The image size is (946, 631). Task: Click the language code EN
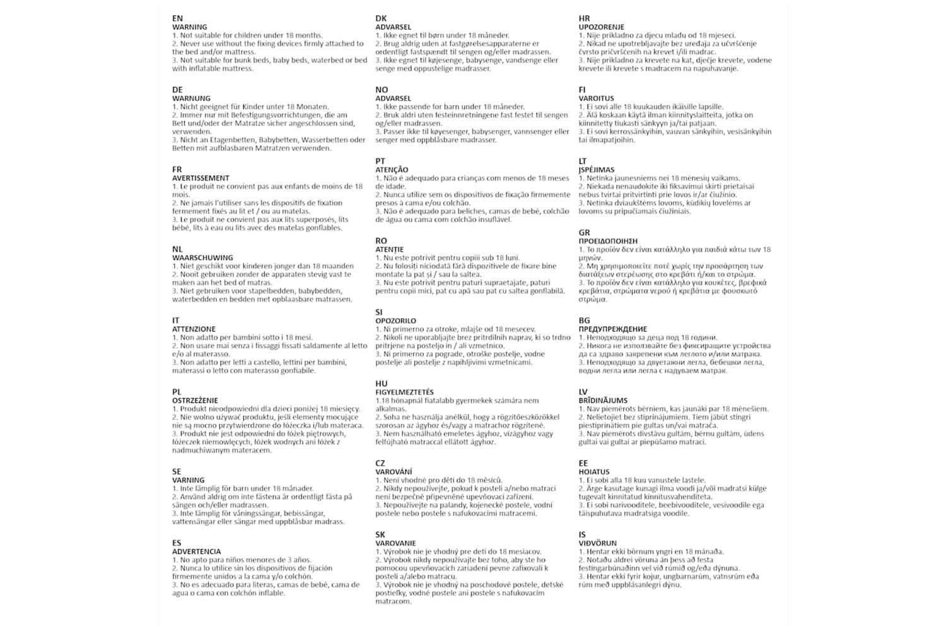click(x=177, y=19)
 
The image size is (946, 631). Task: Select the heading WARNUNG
click(x=191, y=98)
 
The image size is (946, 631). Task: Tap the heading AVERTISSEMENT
click(x=201, y=178)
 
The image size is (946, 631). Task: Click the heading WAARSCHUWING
click(x=202, y=257)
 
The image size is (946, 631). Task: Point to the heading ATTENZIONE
click(x=194, y=329)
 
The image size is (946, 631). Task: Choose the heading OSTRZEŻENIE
click(x=195, y=400)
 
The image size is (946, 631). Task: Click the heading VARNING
click(x=188, y=480)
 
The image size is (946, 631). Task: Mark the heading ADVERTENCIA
click(x=196, y=551)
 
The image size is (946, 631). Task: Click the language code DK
click(x=381, y=19)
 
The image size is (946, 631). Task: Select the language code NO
click(x=382, y=90)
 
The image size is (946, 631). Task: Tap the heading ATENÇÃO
click(x=392, y=170)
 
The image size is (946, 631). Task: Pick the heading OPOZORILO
click(x=396, y=321)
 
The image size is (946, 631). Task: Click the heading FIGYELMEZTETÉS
click(x=404, y=392)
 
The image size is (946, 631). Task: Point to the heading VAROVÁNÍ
click(x=394, y=471)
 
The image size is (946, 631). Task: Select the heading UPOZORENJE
click(x=601, y=27)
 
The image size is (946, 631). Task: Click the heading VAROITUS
click(x=596, y=98)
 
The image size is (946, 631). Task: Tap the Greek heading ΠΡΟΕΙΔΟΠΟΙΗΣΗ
click(x=608, y=241)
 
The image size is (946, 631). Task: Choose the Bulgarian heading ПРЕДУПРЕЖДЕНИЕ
click(x=612, y=329)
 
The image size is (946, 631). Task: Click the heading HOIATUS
click(x=594, y=471)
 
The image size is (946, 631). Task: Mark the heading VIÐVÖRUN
click(x=597, y=543)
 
